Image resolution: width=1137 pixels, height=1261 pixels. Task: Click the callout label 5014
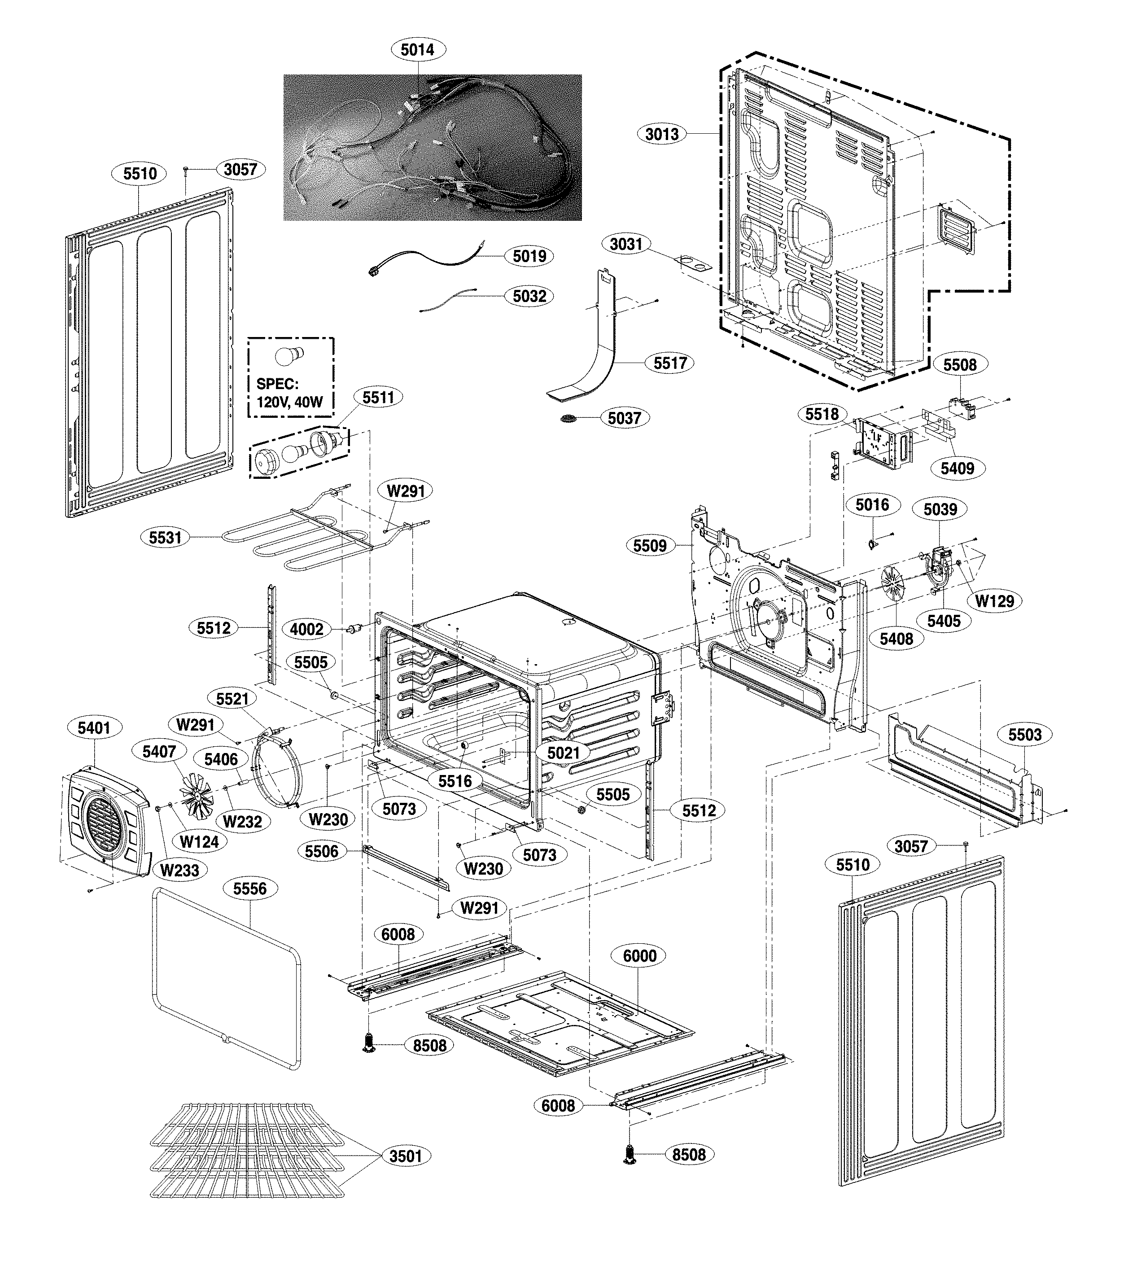(417, 49)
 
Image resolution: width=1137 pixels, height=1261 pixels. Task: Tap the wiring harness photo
(432, 148)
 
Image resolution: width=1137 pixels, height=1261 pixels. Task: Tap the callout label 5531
(165, 538)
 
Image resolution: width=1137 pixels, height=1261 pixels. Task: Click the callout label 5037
(625, 417)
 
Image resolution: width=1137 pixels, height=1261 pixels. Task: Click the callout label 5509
(650, 546)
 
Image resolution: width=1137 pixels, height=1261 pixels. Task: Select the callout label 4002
(307, 629)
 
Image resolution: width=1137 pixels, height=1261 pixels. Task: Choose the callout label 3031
(626, 244)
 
